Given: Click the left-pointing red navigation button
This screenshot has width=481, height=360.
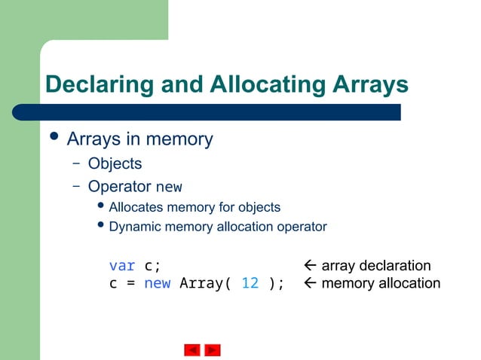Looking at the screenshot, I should [x=192, y=350].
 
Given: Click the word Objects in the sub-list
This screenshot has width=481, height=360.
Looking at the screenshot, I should [x=115, y=163].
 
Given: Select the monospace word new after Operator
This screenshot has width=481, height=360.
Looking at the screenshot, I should [x=168, y=186].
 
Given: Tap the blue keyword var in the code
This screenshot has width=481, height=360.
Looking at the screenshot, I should [x=122, y=265].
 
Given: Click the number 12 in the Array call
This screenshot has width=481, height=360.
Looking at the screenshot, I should [x=250, y=283].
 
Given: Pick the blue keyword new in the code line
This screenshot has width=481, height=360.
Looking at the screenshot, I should [x=158, y=283].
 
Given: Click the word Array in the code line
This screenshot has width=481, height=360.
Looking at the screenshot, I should [x=201, y=283].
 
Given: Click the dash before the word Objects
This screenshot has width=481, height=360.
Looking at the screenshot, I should [x=76, y=163].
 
